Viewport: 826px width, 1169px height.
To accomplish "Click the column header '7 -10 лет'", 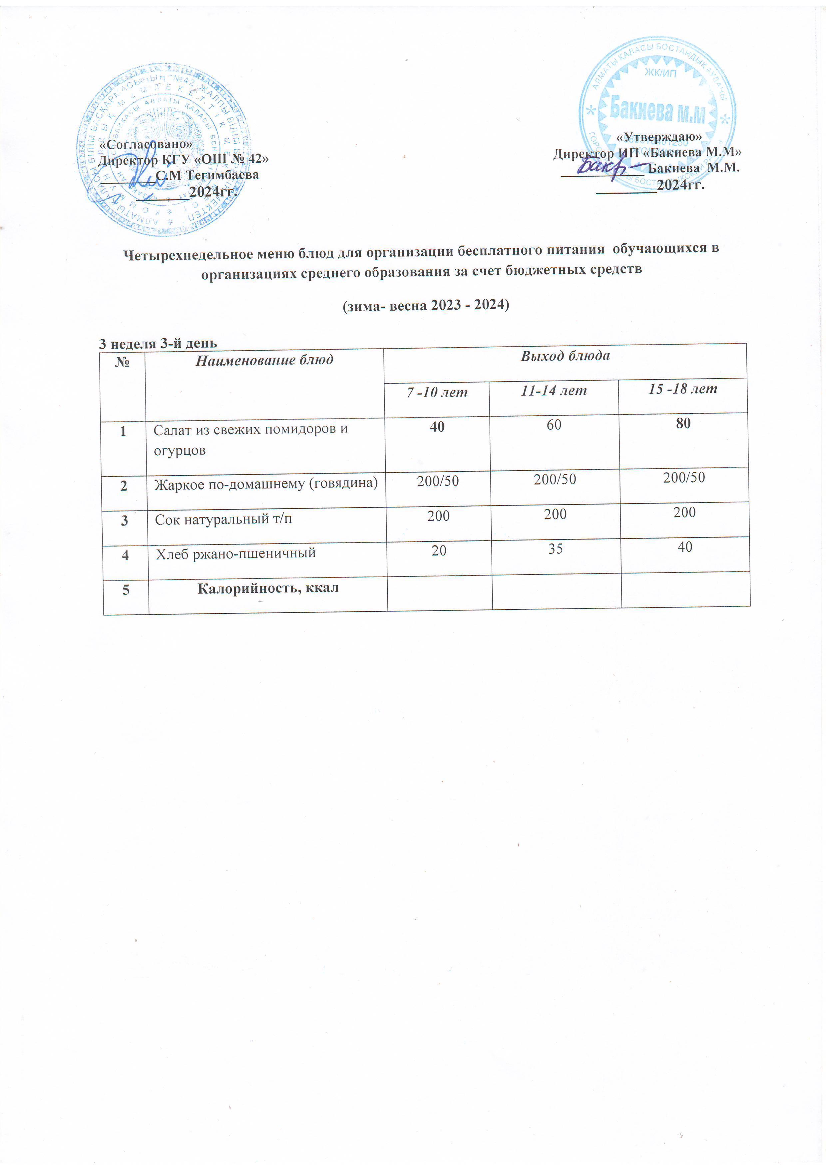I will [437, 393].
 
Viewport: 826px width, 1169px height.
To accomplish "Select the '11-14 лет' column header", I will [554, 391].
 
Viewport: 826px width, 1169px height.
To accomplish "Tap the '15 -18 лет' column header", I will [683, 390].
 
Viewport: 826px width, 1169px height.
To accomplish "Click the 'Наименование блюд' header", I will [265, 361].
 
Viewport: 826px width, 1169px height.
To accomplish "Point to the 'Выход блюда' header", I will [565, 356].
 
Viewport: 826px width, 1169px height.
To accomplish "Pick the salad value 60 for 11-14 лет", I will [554, 425].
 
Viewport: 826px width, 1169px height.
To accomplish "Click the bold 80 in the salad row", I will [683, 423].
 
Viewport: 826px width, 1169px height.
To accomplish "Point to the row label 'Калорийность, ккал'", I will [268, 588].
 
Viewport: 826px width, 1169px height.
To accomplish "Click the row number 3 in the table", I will [124, 521].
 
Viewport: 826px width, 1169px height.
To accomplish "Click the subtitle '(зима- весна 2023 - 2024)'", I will [425, 306].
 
